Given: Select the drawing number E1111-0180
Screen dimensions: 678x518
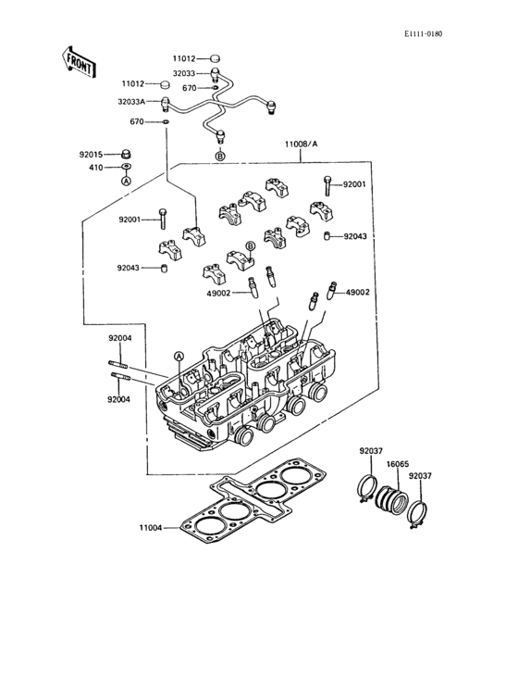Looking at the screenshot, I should click(423, 34).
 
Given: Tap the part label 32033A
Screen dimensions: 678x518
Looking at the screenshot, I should click(132, 103).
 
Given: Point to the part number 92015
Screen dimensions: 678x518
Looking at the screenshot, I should click(91, 154).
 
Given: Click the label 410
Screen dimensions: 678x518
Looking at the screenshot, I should click(95, 167).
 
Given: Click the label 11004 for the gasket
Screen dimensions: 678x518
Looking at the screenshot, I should click(150, 528).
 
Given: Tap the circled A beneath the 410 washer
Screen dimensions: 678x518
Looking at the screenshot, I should click(126, 182).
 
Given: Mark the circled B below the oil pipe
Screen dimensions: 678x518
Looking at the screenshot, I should click(220, 157).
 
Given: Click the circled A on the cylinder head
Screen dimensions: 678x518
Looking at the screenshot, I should click(179, 356).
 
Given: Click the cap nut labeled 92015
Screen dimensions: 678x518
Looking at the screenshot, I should click(126, 154).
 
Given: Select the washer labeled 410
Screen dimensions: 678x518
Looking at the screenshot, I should click(126, 167).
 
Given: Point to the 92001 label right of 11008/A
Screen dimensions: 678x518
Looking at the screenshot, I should click(355, 184).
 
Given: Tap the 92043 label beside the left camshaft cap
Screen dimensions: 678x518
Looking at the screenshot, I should click(129, 268).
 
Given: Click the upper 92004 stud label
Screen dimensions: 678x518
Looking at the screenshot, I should click(120, 338).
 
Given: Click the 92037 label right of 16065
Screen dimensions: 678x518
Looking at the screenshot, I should click(420, 475).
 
